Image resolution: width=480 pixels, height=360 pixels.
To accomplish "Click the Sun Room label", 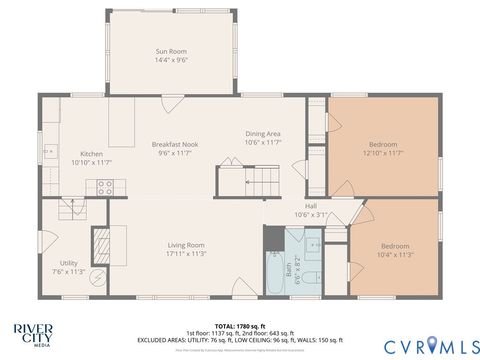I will [x=170, y=51].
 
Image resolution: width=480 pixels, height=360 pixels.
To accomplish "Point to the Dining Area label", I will [x=263, y=134].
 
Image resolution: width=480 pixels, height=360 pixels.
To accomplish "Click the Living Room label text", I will [x=185, y=245].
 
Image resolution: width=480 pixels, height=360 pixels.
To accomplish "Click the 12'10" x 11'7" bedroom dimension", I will [x=382, y=152].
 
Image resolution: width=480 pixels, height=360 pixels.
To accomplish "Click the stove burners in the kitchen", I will [x=103, y=185].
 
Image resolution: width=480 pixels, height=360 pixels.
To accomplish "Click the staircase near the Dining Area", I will [x=246, y=181].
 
